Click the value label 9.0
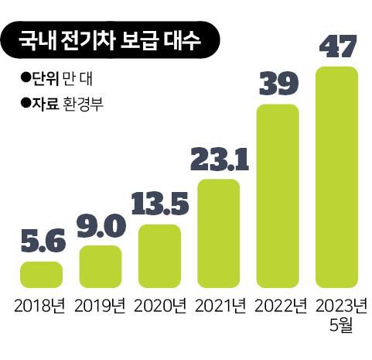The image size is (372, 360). tap(101, 228)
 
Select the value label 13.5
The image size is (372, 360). tap(159, 207)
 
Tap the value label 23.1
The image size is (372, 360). tap(218, 161)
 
